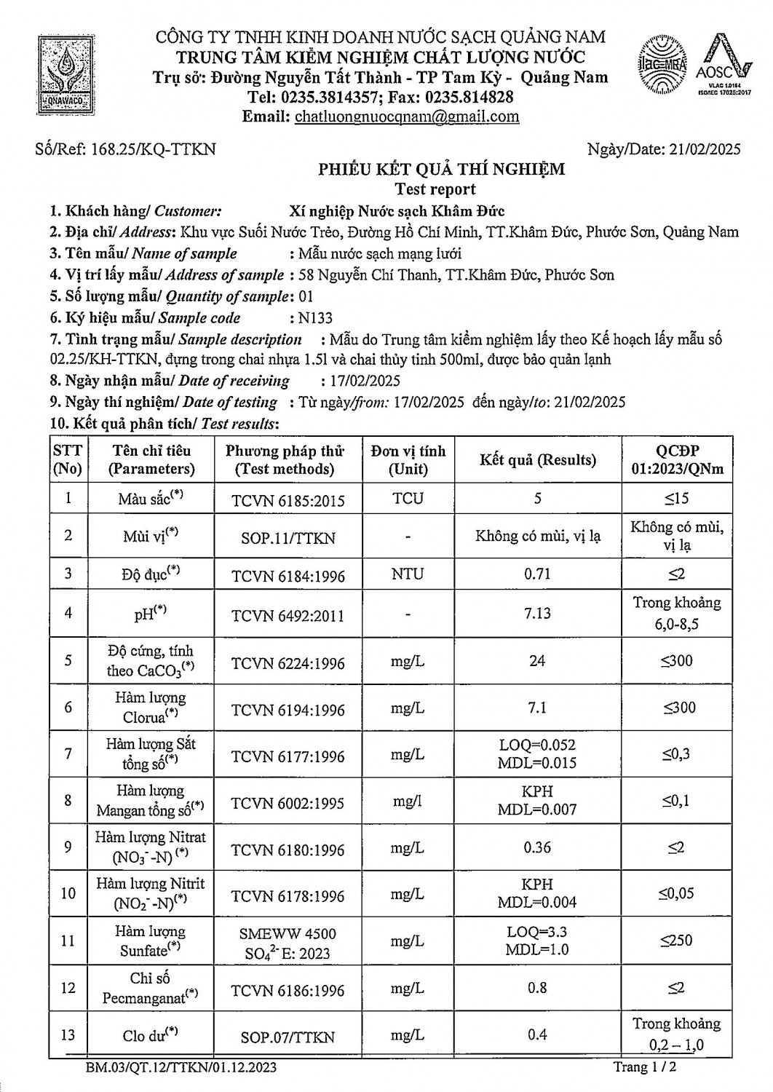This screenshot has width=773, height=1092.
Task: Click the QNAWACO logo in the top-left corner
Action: click(x=66, y=72)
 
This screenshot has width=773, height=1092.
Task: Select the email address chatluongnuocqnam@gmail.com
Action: click(x=407, y=116)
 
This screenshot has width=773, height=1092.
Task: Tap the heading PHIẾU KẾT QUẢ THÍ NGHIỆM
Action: click(x=441, y=170)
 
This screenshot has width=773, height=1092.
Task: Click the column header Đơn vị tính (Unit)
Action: click(x=408, y=459)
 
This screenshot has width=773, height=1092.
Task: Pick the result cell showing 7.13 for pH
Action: click(x=537, y=613)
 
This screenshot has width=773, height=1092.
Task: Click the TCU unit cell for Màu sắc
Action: click(x=408, y=499)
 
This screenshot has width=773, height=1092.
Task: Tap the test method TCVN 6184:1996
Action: click(x=288, y=577)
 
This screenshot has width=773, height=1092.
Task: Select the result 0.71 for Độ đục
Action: click(x=537, y=574)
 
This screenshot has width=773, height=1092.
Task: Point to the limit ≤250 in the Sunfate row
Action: click(x=676, y=941)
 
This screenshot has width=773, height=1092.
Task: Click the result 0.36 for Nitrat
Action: click(x=537, y=847)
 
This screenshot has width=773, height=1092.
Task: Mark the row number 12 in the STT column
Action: click(x=68, y=988)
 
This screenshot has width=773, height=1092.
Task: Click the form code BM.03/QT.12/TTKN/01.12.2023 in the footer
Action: click(x=181, y=1068)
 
